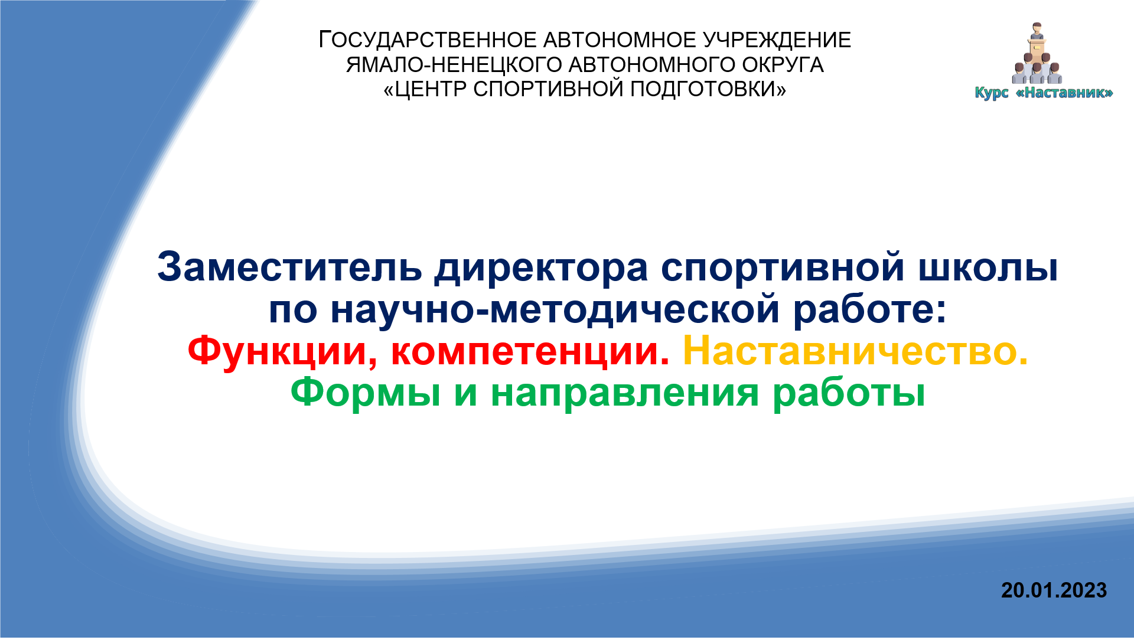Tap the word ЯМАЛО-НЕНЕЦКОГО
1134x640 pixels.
(x=454, y=65)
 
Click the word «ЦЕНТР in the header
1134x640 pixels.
(x=425, y=90)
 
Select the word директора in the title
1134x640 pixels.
(x=541, y=269)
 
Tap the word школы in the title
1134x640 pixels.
(x=988, y=269)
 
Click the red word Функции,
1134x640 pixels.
(x=282, y=352)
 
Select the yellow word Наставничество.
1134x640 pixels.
(x=855, y=351)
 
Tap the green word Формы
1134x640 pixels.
(x=366, y=393)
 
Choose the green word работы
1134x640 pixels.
(x=849, y=393)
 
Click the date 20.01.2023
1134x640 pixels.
(x=1054, y=590)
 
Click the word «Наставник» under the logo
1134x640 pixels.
(x=1064, y=93)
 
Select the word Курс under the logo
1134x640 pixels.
(x=992, y=93)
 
